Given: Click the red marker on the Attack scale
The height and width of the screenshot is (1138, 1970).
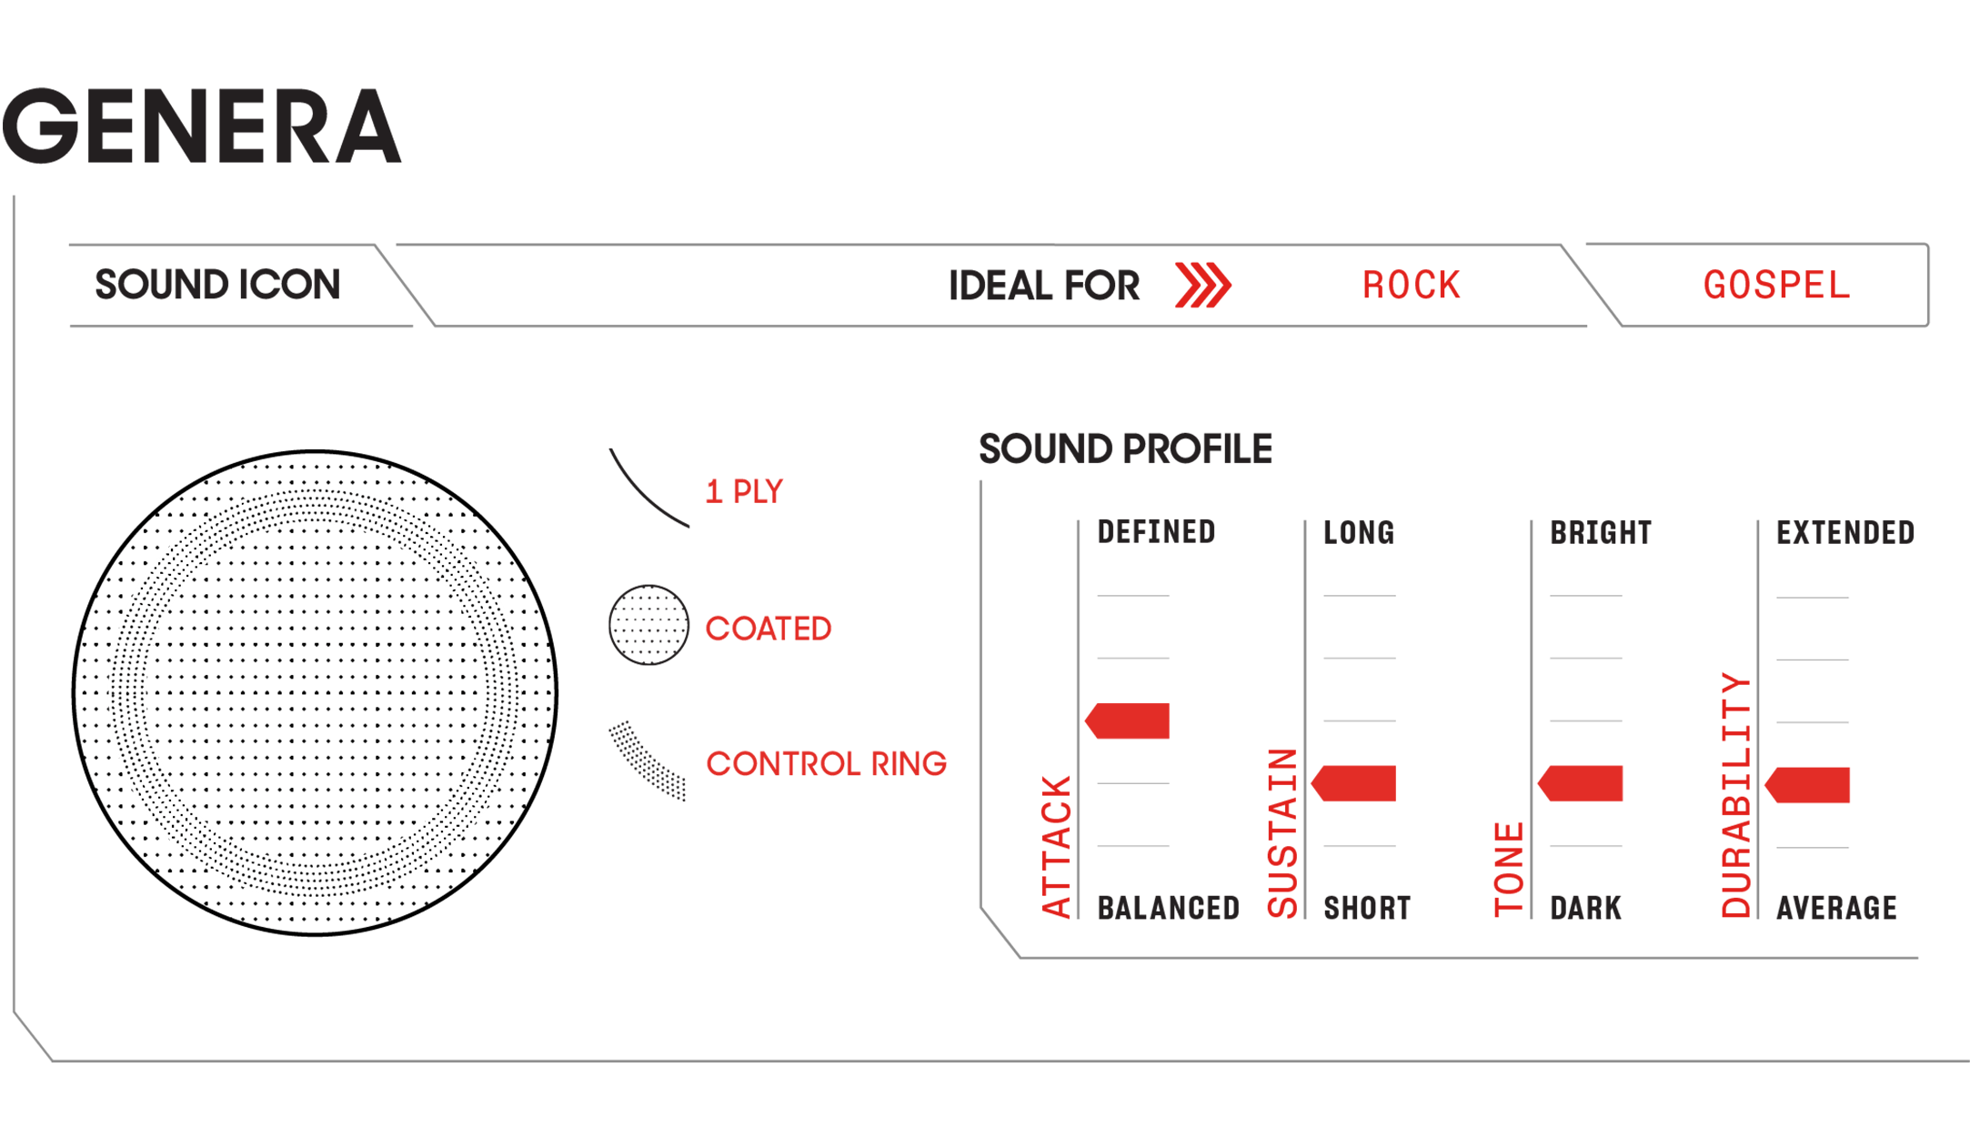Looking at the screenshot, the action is tap(1127, 720).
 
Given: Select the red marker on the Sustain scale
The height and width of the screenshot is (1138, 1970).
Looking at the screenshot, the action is tap(1353, 783).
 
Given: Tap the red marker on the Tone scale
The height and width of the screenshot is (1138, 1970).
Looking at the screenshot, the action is tap(1580, 783).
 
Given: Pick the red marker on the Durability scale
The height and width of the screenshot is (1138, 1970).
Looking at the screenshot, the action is tap(1807, 785).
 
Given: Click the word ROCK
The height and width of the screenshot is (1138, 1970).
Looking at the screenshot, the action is tap(1412, 286).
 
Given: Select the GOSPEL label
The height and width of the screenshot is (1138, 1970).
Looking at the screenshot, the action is tap(1776, 286).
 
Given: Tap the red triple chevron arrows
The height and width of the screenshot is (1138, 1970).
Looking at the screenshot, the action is tap(1202, 286).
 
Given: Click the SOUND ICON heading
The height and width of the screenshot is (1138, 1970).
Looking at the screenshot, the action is tap(217, 285).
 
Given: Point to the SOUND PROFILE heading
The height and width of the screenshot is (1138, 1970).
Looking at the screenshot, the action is tap(1125, 449).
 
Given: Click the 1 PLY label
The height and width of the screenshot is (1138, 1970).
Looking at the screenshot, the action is tap(744, 492).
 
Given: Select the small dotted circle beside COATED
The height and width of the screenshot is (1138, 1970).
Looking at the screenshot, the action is tap(648, 625).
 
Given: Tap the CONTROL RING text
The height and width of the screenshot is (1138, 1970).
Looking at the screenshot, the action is tap(826, 764).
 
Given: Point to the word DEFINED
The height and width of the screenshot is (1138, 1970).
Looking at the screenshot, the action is tap(1156, 532).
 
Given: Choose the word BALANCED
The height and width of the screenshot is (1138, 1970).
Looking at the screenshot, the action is tap(1169, 908).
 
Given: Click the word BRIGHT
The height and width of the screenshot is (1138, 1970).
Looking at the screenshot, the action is tap(1601, 532).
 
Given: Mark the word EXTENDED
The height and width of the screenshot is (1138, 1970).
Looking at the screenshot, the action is tap(1845, 532).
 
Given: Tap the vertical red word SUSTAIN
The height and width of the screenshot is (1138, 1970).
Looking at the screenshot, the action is tap(1282, 833).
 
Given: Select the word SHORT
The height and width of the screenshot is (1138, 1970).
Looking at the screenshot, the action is tap(1367, 908).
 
